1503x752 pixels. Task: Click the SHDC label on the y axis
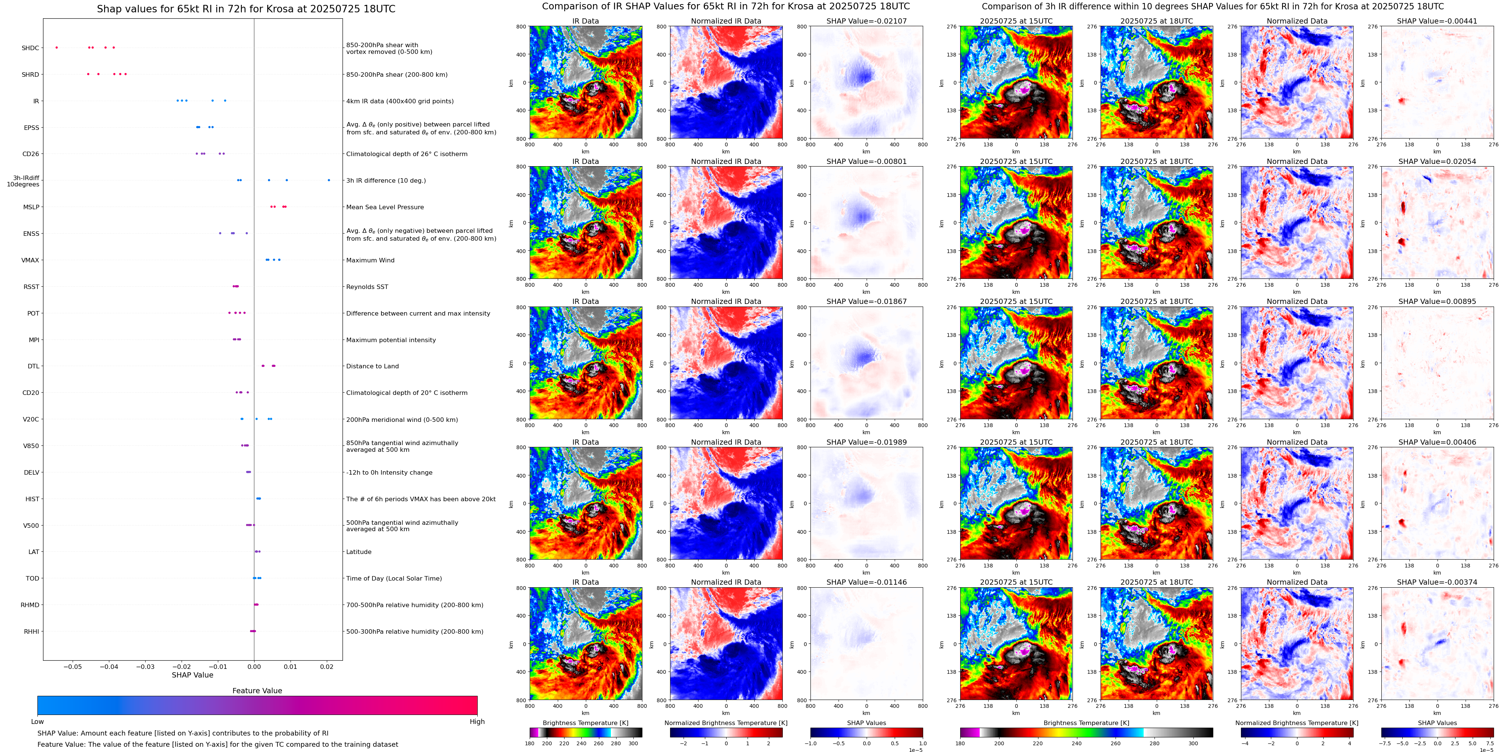[x=30, y=48]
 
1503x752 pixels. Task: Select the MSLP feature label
[x=31, y=207]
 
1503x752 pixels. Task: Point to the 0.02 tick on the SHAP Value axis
[x=327, y=667]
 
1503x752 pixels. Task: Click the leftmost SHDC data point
[x=57, y=47]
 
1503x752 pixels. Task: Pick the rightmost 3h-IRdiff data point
[x=329, y=180]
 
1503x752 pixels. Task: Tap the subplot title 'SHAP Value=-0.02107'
[x=867, y=21]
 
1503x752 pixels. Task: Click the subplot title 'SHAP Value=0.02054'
[x=1437, y=162]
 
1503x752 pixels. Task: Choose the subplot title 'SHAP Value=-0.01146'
[x=867, y=582]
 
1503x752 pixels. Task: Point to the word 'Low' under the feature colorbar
[x=37, y=722]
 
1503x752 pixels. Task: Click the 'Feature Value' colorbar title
[x=257, y=691]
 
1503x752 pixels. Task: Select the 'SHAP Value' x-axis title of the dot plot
[x=192, y=675]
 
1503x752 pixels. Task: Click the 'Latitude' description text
[x=359, y=552]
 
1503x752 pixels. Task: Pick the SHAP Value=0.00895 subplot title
[x=1437, y=302]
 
